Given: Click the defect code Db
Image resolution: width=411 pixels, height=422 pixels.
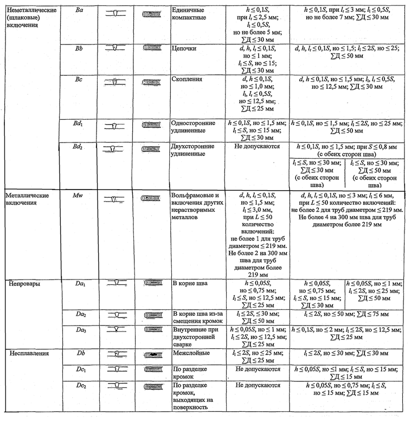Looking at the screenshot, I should tap(80, 353).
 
